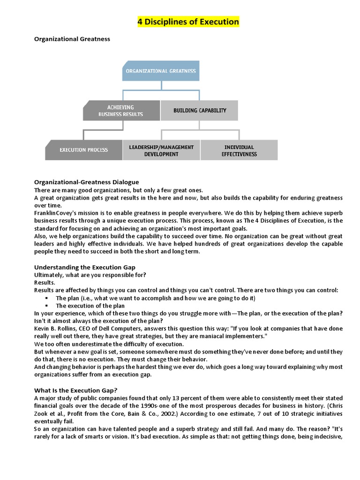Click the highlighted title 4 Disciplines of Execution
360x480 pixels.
pos(188,22)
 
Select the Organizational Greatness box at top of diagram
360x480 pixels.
pos(161,71)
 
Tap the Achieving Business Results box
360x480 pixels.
pos(121,111)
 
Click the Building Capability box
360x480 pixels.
pos(200,111)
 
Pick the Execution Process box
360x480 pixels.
pos(83,150)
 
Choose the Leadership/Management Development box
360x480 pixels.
pos(161,150)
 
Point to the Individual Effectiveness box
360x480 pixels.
pos(239,150)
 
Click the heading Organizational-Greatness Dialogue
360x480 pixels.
pos(86,182)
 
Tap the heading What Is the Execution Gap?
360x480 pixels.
pos(75,390)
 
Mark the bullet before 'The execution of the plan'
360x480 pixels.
pos(47,306)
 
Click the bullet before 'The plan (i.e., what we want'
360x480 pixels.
pos(47,298)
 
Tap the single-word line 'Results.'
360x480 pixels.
pos(45,283)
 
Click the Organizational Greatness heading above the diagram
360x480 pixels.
pos(72,39)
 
